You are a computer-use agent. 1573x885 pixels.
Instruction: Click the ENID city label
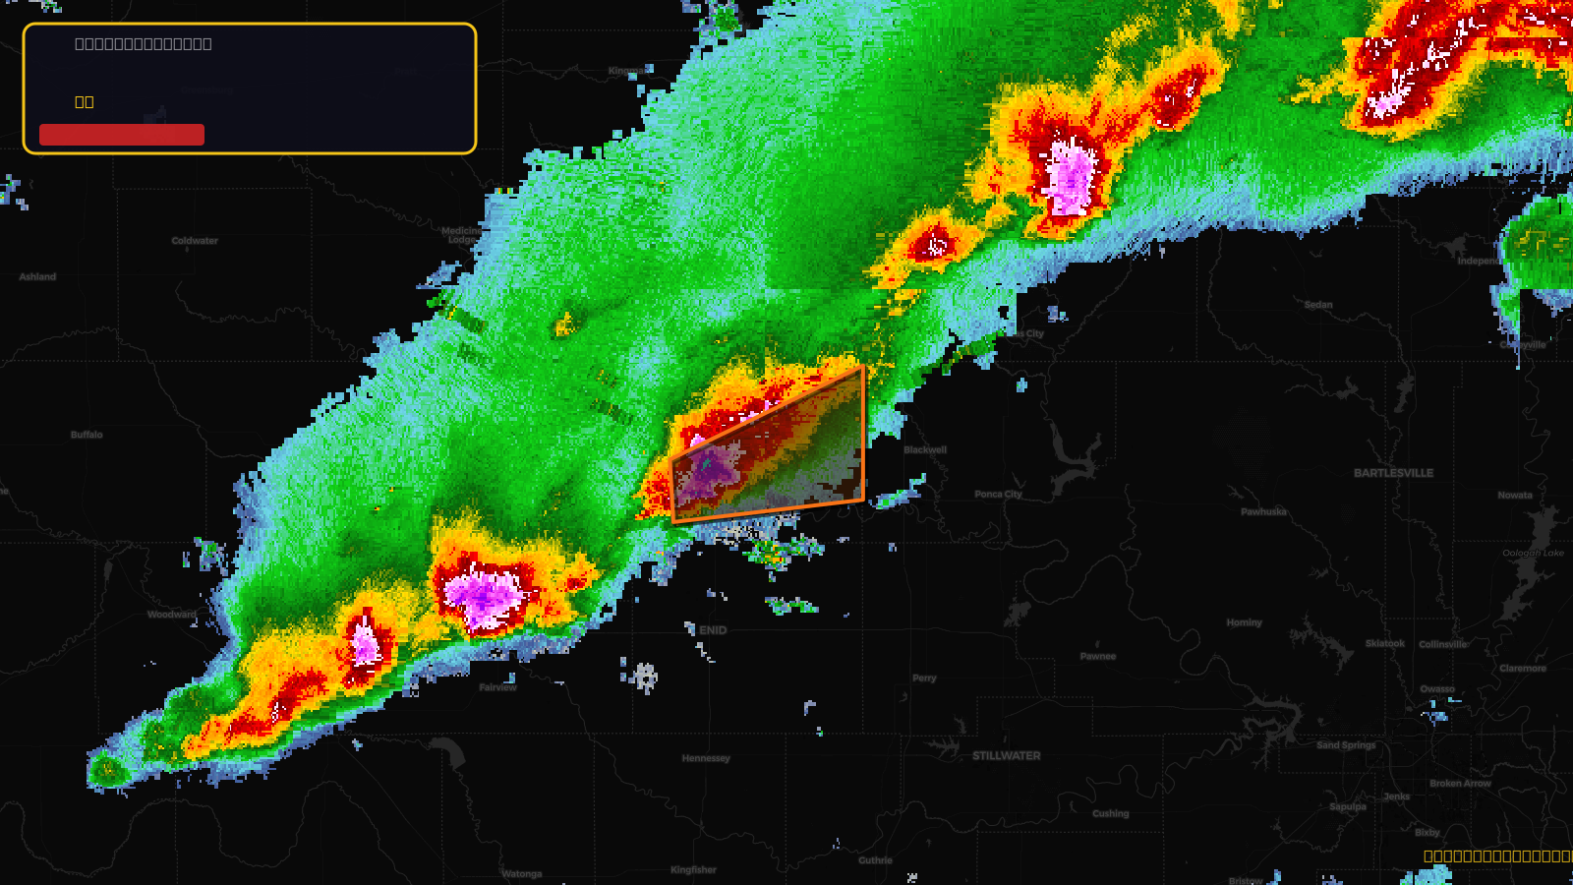(713, 630)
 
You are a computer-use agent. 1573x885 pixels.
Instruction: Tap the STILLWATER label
(1006, 756)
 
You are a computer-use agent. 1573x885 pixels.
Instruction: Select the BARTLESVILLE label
(1393, 473)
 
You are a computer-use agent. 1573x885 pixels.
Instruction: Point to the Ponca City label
(998, 495)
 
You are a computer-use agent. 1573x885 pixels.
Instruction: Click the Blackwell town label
(925, 450)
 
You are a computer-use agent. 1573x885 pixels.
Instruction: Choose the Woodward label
(171, 615)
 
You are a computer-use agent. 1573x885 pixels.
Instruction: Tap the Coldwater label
(195, 241)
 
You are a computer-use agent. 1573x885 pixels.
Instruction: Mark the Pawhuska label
(1263, 512)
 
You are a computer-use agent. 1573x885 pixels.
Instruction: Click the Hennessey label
(706, 758)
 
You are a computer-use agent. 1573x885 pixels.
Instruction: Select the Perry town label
(924, 678)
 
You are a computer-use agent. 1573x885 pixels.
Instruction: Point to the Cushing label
(1110, 814)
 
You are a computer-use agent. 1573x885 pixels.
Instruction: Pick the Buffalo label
(87, 435)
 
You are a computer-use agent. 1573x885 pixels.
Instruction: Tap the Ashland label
(37, 277)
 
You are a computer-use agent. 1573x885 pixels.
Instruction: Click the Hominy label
(1244, 622)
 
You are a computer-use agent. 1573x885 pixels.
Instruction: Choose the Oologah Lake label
(1533, 553)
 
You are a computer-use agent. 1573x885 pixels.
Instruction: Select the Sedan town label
(1318, 305)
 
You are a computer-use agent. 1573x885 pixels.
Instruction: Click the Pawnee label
(1097, 657)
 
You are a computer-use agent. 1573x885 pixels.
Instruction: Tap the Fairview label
(497, 687)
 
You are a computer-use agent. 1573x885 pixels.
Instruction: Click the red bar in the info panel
(122, 135)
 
